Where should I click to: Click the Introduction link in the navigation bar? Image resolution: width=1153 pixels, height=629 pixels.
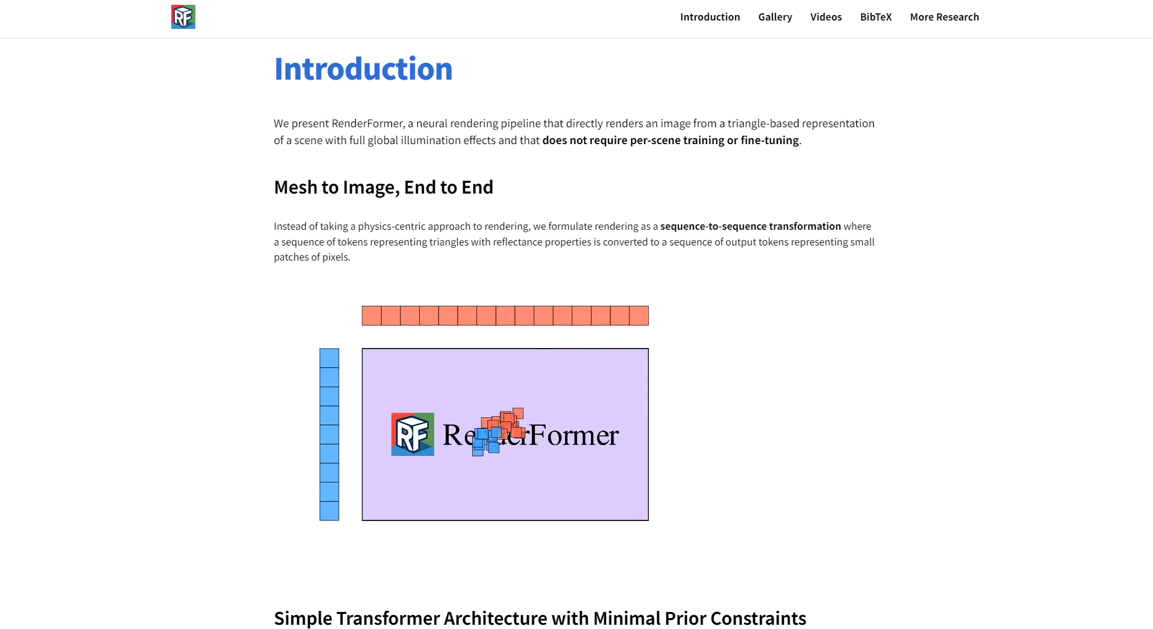710,17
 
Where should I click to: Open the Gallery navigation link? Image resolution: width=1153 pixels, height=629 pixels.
775,17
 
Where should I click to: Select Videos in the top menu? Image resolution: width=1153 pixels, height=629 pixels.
826,17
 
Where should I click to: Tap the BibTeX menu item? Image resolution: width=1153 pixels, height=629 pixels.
876,17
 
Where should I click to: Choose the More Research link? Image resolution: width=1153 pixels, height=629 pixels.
944,17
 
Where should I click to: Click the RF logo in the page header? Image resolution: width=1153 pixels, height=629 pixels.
183,17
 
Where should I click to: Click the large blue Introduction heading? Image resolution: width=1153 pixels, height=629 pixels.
363,69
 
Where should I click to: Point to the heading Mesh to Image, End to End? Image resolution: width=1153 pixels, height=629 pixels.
384,188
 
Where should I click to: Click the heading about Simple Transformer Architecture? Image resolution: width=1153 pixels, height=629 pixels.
540,618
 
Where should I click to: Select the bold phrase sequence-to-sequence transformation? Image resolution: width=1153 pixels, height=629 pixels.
750,226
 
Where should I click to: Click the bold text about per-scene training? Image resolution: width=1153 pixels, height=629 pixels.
670,141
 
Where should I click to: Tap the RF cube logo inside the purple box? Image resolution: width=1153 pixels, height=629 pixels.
412,434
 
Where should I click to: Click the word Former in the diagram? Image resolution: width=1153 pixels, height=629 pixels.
573,435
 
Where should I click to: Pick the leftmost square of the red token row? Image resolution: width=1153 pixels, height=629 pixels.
371,315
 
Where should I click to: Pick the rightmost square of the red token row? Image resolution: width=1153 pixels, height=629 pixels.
639,315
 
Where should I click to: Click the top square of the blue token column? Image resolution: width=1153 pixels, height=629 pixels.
329,358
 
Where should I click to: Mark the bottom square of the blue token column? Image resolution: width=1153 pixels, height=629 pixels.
329,511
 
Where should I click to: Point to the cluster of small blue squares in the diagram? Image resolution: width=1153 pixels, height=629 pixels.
486,441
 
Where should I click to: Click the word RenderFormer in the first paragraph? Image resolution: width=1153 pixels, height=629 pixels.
367,124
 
